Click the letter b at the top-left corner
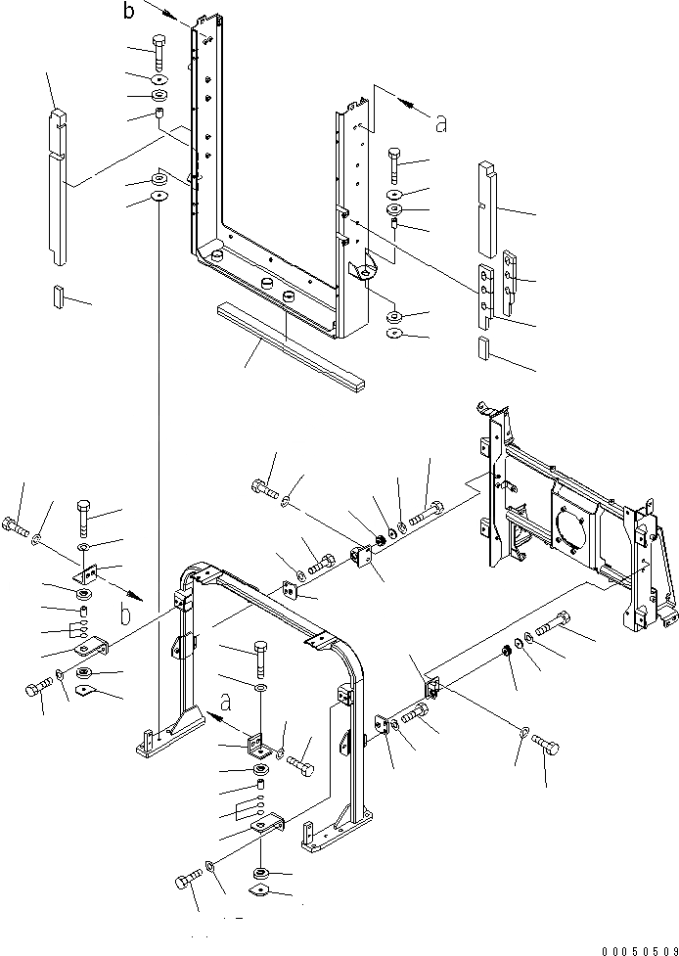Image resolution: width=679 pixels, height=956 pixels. (128, 12)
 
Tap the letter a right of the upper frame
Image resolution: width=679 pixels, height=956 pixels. (440, 122)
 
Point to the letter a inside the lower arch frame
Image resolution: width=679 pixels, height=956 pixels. (226, 702)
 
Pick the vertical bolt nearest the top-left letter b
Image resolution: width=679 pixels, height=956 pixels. (159, 49)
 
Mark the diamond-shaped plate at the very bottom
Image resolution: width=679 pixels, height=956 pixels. (260, 888)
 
